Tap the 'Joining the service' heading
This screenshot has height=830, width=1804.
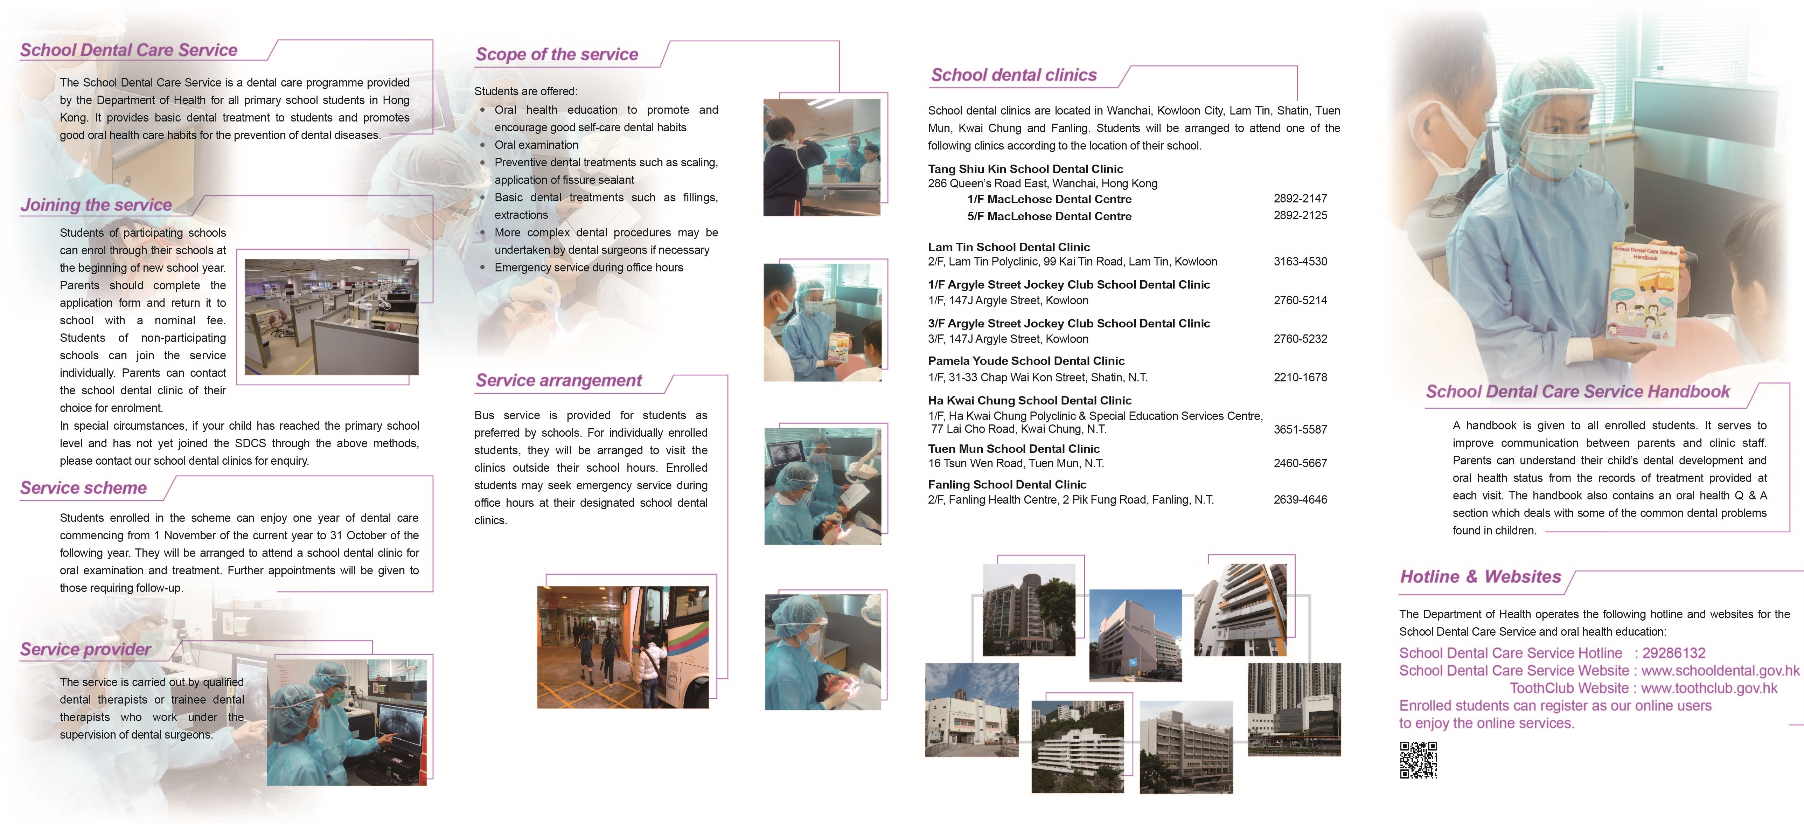[96, 205]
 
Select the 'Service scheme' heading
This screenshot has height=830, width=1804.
[83, 488]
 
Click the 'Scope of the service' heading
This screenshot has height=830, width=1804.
[557, 55]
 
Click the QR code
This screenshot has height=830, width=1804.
[1418, 760]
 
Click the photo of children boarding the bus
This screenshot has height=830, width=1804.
[622, 647]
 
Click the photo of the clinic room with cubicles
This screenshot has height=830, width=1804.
[331, 317]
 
